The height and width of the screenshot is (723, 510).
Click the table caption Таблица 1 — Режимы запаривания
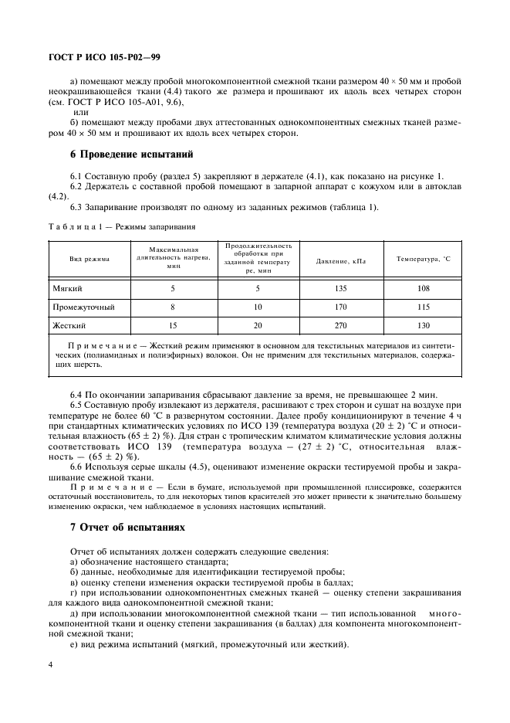tap(120, 227)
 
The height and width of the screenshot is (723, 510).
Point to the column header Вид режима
tap(90, 260)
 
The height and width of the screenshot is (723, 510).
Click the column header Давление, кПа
tap(340, 261)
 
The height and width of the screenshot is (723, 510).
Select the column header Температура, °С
tap(422, 260)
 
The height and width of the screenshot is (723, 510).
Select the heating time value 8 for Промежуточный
tap(173, 307)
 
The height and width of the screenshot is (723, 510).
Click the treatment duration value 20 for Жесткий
tap(258, 325)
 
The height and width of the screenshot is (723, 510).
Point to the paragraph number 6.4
tap(78, 395)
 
